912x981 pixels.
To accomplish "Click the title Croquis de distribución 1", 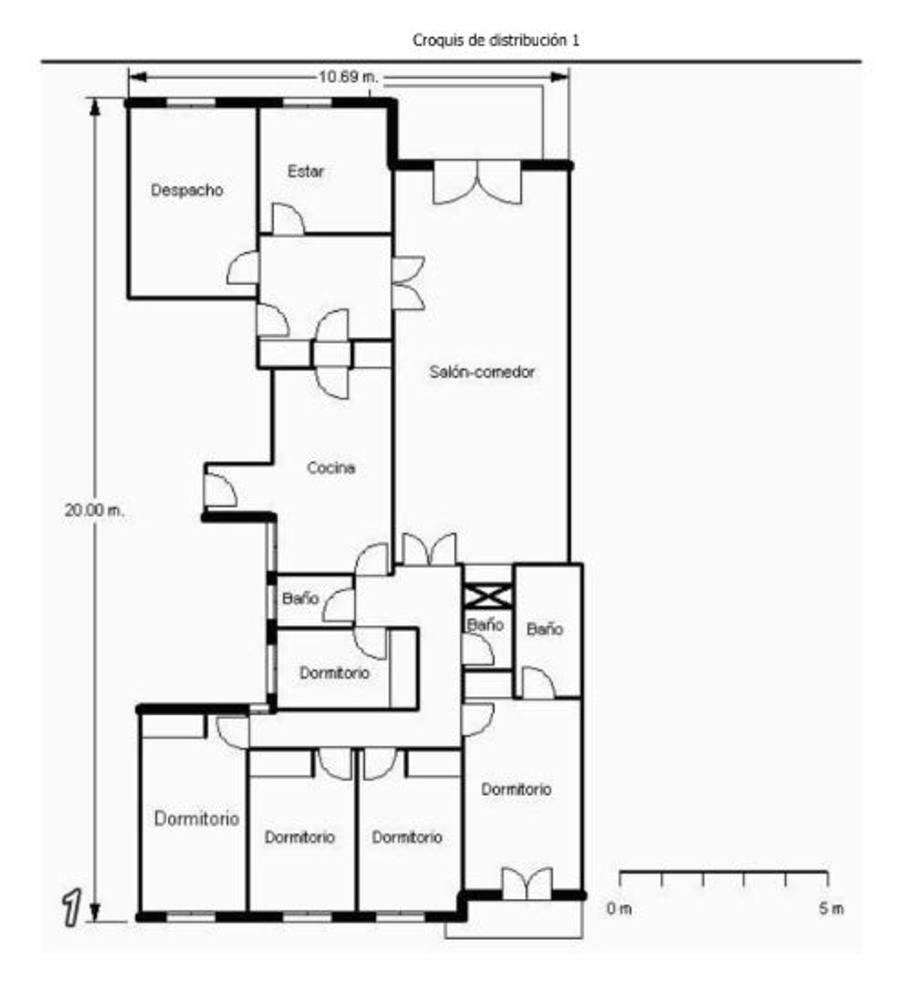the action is (496, 40).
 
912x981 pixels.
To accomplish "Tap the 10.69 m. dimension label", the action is (348, 77).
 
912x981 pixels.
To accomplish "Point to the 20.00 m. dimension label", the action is (94, 510).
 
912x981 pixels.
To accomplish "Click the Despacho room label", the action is (187, 190).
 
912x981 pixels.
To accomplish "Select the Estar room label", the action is (306, 171).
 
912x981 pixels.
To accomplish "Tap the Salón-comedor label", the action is (482, 371).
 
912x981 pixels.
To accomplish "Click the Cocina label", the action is (331, 468).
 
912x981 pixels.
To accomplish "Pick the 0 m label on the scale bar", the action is (619, 909).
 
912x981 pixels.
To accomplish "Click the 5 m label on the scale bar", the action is (831, 909).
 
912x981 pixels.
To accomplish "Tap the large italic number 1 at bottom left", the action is (72, 907).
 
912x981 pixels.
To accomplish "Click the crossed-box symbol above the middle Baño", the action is (488, 596).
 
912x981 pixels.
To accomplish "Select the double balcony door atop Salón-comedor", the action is (478, 182).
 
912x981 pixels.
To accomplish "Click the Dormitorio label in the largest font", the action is (196, 819).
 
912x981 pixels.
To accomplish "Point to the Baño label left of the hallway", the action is (300, 598).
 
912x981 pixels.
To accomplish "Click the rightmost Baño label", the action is (545, 629).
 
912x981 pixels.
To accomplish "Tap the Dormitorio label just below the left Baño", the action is (334, 673).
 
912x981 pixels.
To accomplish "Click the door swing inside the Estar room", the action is (288, 219).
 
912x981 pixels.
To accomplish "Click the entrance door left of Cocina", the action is (220, 490).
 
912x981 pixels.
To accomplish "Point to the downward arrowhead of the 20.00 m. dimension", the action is (95, 912).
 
